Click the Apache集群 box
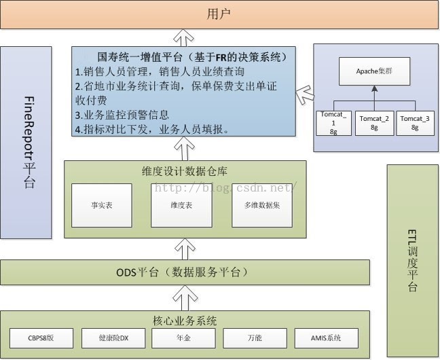[x=374, y=71]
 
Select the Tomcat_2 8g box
[x=374, y=123]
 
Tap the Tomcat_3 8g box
[x=415, y=123]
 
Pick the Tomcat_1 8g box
[x=333, y=123]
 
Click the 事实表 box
[x=102, y=205]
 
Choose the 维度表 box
[x=181, y=205]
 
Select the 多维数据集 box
[x=262, y=205]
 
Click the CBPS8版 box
[x=41, y=338]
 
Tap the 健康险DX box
[x=113, y=338]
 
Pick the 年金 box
[x=184, y=338]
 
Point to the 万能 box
[x=255, y=338]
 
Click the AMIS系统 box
[x=327, y=338]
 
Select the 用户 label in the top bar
[x=219, y=14]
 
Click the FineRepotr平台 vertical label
[x=29, y=143]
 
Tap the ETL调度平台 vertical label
[x=412, y=261]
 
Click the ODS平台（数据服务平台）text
[x=183, y=272]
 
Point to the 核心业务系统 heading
[x=185, y=321]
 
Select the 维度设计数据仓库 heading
[x=185, y=171]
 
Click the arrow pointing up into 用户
[x=184, y=37]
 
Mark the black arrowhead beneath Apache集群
[x=374, y=89]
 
